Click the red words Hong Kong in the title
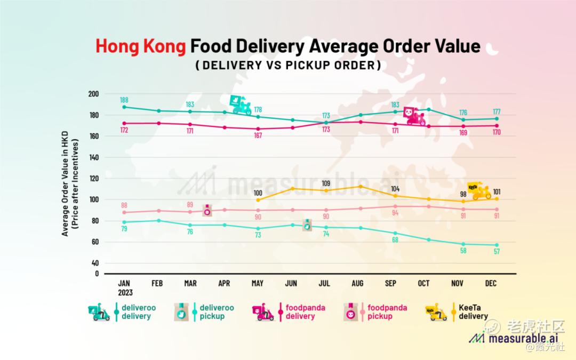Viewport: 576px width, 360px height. (141, 46)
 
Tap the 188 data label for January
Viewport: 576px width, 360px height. (124, 100)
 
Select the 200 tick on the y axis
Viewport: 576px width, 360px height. (94, 94)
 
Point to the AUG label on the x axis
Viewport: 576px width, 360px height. (357, 284)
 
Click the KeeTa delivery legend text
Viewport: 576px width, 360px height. (473, 312)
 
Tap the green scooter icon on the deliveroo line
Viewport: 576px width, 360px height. (241, 105)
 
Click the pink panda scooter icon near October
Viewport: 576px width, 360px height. (415, 116)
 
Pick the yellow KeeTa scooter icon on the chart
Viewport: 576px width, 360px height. (478, 190)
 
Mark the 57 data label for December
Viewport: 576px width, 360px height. (497, 252)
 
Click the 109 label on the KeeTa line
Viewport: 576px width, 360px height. (325, 183)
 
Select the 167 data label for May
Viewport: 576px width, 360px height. (258, 135)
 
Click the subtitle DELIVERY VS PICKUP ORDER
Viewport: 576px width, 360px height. (288, 66)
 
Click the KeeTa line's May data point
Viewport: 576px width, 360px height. (258, 200)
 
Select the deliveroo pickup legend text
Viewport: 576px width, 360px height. (216, 312)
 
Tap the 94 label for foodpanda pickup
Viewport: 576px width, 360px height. (395, 213)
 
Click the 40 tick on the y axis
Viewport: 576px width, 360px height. (95, 263)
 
